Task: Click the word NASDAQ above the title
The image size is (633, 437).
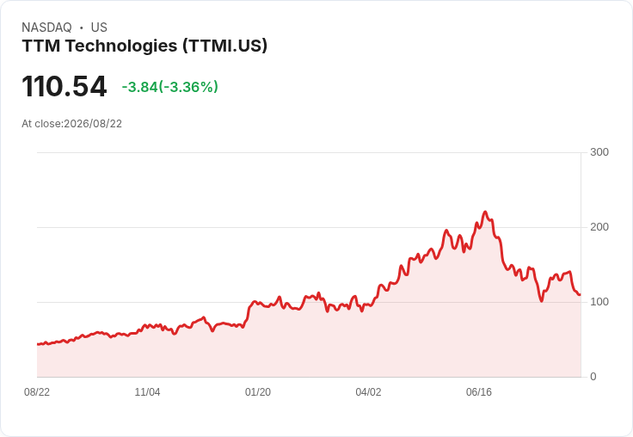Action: (46, 28)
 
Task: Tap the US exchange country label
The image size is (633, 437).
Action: (99, 28)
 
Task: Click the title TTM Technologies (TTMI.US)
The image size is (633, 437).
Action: (144, 46)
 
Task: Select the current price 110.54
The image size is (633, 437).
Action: (65, 86)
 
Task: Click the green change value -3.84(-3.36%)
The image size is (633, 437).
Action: (170, 87)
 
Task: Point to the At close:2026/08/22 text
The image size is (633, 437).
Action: (72, 124)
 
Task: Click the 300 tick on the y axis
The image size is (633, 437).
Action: (599, 152)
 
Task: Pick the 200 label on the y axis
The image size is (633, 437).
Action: (599, 227)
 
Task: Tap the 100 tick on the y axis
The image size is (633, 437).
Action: (599, 302)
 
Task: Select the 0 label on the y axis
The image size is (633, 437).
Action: (593, 377)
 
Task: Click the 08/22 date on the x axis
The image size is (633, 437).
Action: (37, 392)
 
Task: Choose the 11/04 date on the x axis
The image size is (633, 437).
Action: (147, 392)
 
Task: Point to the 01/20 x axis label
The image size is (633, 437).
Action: (257, 392)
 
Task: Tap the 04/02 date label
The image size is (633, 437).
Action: (368, 392)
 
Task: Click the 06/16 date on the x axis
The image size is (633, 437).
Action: (479, 392)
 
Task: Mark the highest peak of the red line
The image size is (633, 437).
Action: (485, 212)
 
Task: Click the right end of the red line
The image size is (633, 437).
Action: (581, 294)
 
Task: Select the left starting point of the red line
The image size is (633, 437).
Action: (38, 344)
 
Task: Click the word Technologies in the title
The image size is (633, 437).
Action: (121, 46)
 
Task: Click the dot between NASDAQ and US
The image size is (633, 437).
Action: (81, 28)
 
